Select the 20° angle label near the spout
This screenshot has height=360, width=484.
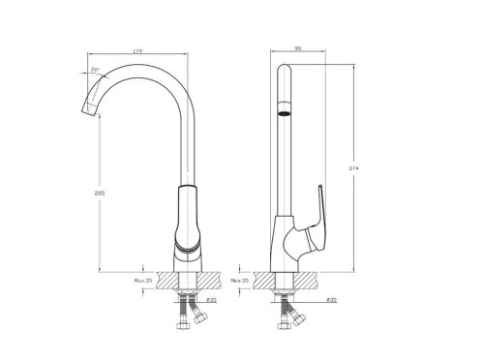pos(95,71)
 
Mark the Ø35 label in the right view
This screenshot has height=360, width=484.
pos(329,301)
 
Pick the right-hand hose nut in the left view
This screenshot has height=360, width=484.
pos(202,318)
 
